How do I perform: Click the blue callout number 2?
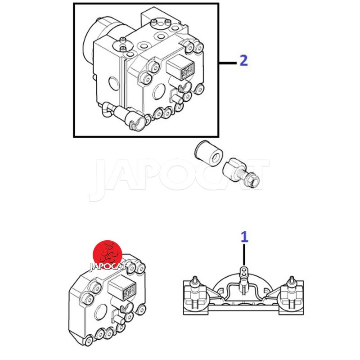(244, 60)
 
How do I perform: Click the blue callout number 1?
(244, 237)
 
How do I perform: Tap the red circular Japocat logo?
(108, 255)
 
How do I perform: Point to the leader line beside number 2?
(228, 63)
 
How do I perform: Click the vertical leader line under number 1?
(244, 255)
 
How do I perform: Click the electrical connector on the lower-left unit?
(122, 290)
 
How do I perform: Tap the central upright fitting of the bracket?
(244, 279)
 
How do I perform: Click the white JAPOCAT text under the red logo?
(108, 266)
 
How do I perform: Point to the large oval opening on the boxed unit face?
(159, 91)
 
